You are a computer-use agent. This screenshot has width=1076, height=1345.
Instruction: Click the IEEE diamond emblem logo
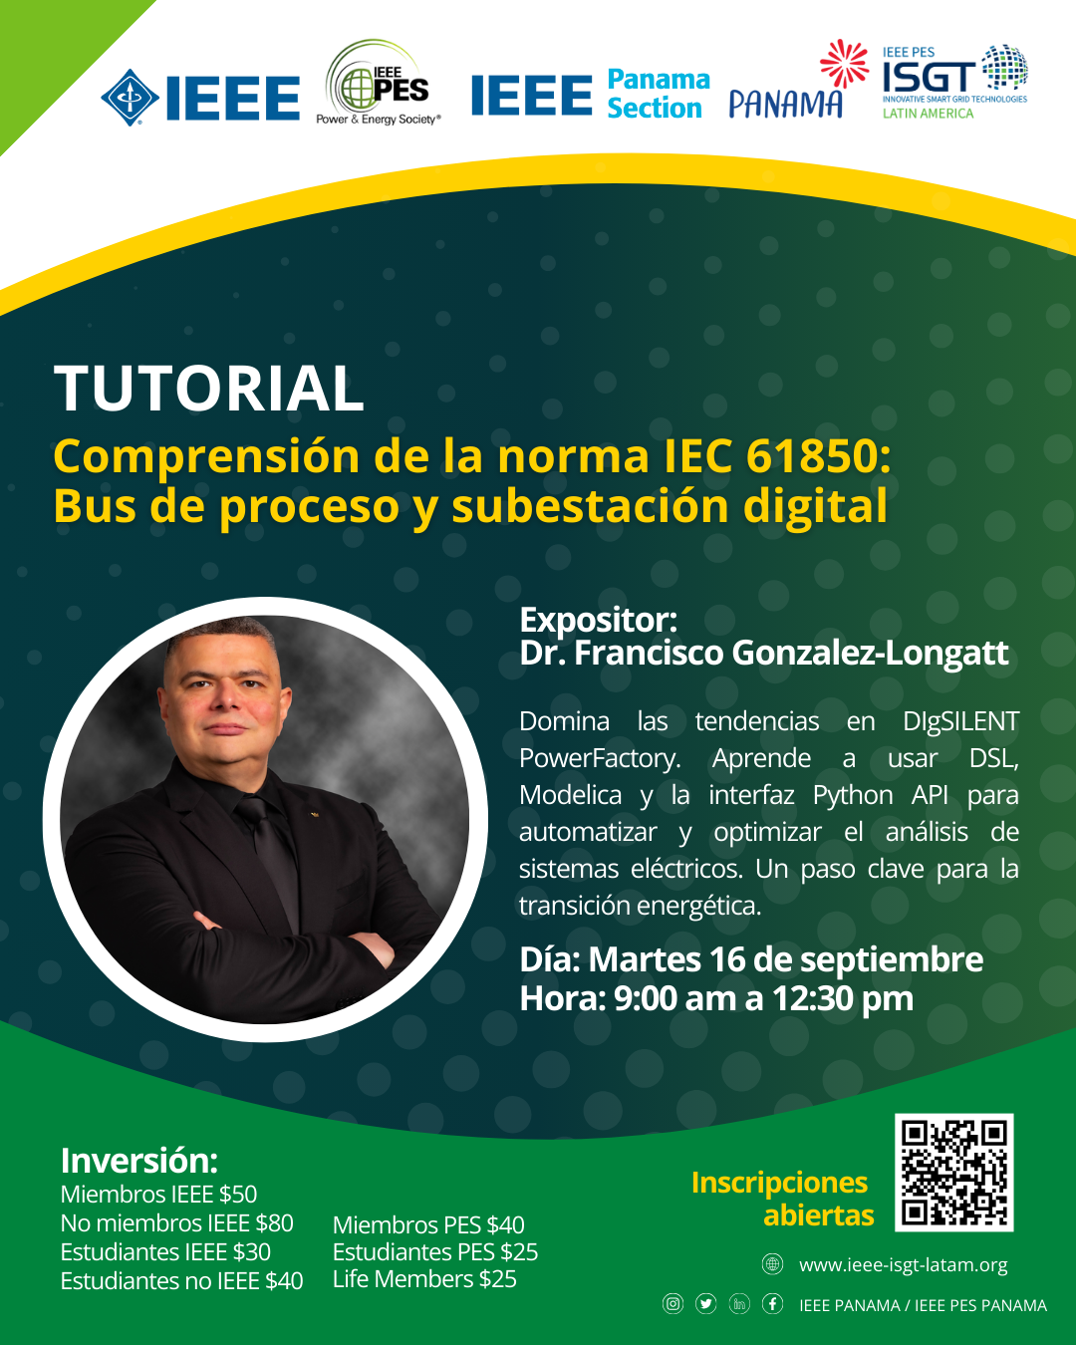131,98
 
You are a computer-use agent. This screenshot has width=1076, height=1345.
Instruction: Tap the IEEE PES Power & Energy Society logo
379,83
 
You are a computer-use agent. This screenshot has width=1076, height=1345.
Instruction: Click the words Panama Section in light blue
659,94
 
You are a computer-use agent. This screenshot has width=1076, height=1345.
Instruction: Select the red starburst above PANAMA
844,63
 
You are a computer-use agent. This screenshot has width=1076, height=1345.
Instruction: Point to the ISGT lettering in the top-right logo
929,77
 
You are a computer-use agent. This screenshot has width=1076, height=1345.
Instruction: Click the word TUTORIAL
209,389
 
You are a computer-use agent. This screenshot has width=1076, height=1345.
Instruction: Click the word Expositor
598,620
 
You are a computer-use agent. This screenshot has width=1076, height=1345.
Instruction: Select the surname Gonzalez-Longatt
870,653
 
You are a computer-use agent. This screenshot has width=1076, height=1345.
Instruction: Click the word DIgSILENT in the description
961,722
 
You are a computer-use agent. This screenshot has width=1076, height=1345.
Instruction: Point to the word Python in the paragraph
853,796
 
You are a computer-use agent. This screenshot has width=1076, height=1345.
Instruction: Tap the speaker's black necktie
269,855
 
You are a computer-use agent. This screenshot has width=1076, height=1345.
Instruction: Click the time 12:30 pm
843,998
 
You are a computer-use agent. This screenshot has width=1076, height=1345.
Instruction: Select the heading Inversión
138,1161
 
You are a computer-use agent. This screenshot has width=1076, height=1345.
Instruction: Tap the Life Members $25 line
424,1279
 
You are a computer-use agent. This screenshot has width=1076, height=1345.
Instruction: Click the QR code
954,1173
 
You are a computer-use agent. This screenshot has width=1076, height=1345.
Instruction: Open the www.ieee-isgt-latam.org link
903,1265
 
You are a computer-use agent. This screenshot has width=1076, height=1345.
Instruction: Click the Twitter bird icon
705,1304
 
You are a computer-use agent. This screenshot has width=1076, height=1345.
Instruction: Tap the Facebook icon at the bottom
772,1304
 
